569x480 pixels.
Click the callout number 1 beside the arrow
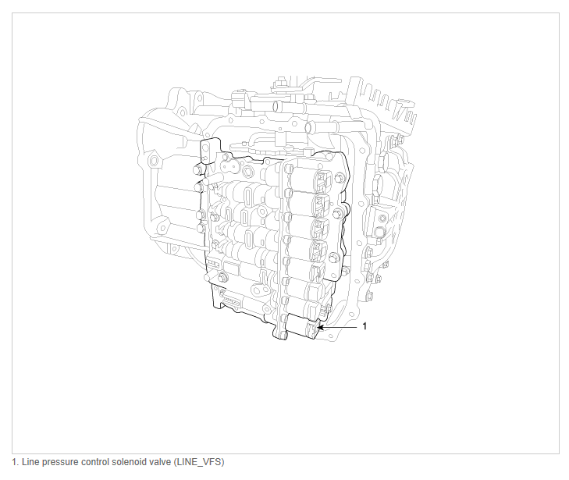[365, 326]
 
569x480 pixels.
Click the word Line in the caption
[29, 462]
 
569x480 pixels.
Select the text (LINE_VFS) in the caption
[199, 462]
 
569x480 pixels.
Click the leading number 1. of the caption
[15, 462]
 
